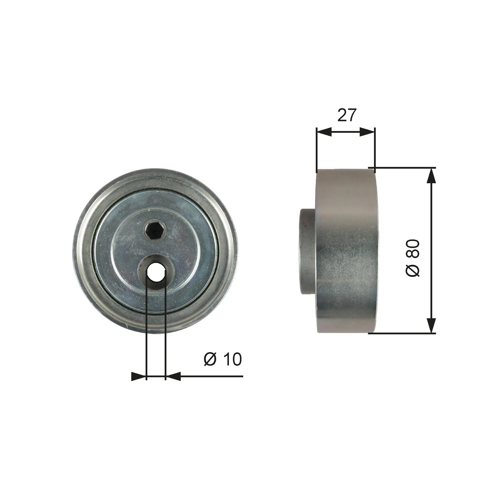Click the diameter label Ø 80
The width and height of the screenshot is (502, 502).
pyautogui.click(x=412, y=258)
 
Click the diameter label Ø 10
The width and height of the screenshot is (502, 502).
pyautogui.click(x=223, y=359)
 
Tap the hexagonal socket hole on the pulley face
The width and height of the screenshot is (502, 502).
pyautogui.click(x=155, y=229)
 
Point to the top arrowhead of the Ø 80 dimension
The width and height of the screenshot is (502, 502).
pyautogui.click(x=431, y=177)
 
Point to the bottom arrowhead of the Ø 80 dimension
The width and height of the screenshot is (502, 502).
pyautogui.click(x=431, y=325)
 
